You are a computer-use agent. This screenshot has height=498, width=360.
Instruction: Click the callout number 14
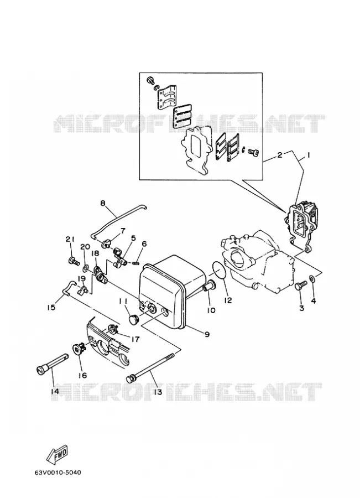tap(55, 391)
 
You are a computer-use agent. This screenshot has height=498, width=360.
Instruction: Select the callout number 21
tap(70, 239)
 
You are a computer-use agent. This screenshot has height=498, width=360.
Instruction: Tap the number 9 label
tap(207, 334)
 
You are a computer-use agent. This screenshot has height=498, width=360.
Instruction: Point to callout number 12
tap(228, 300)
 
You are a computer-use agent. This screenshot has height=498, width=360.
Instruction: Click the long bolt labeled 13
tap(151, 366)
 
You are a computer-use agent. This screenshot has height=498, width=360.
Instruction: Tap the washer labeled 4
tap(312, 279)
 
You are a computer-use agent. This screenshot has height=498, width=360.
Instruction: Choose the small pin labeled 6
tap(136, 262)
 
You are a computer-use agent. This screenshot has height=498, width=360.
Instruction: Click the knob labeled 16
tap(78, 349)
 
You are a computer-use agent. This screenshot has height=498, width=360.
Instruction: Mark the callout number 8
tap(102, 203)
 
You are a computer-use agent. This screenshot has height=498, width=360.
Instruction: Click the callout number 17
tap(135, 339)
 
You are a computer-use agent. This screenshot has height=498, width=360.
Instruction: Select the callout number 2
tap(280, 155)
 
